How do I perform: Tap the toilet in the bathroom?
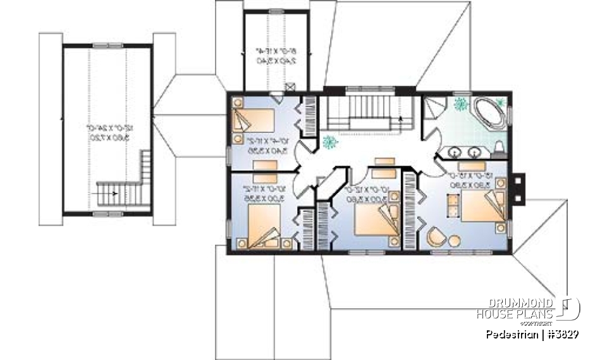(498, 149)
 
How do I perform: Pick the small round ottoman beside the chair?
(455, 240)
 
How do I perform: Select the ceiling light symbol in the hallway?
(328, 142)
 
